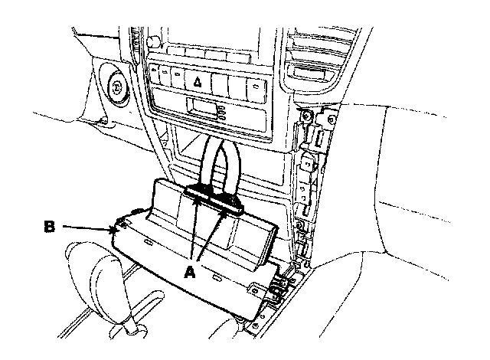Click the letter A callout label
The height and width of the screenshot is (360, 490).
(190, 272)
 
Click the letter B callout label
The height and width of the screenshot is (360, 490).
(49, 227)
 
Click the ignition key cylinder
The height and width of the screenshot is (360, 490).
(116, 87)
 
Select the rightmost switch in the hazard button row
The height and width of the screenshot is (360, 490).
(256, 90)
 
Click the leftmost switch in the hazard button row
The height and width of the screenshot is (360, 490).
(155, 74)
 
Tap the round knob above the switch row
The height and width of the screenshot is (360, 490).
(153, 41)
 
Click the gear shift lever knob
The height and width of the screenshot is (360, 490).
(93, 275)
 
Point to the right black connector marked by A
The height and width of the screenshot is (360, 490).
(227, 202)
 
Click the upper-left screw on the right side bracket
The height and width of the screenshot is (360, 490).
(306, 116)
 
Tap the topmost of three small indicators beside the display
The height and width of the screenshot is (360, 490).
(221, 108)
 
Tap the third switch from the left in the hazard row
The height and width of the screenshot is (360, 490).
(178, 77)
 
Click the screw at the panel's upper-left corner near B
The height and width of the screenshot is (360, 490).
(122, 224)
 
